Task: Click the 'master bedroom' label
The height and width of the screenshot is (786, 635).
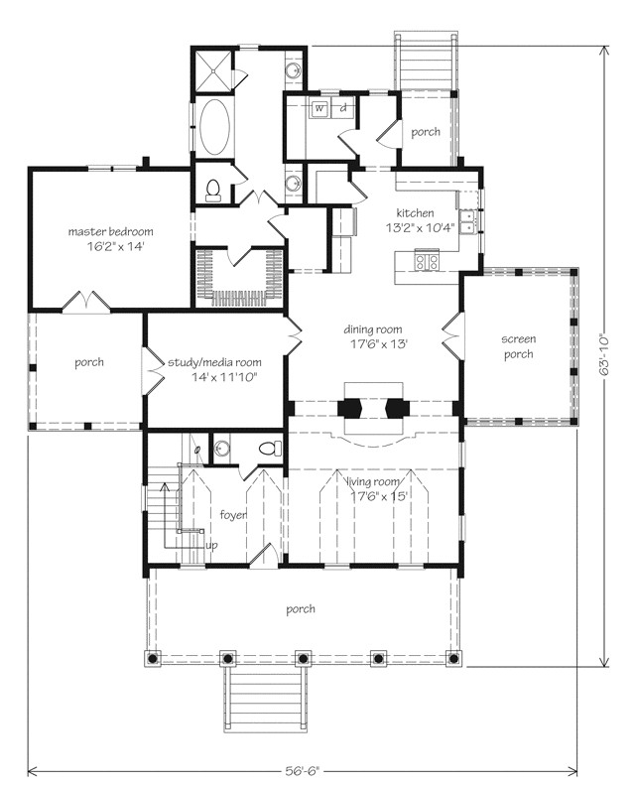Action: click(x=110, y=231)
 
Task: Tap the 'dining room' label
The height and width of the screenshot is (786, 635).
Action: click(x=375, y=328)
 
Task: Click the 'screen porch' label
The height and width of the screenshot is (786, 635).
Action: click(x=518, y=346)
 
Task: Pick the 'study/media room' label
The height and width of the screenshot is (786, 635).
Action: click(x=214, y=362)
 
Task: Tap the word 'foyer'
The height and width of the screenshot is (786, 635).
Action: click(x=233, y=515)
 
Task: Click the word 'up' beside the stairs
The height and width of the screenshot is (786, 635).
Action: click(x=211, y=546)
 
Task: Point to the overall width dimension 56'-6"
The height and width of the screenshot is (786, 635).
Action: click(x=303, y=768)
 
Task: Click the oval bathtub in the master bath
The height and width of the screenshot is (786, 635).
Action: click(x=213, y=128)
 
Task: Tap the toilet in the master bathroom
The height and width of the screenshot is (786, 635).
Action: click(x=211, y=189)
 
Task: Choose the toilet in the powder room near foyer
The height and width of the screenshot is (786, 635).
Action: click(x=268, y=449)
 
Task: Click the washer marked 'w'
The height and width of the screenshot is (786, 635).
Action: click(x=320, y=109)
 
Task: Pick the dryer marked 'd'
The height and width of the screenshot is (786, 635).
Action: click(x=343, y=109)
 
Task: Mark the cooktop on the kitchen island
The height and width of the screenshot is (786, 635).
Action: click(x=427, y=262)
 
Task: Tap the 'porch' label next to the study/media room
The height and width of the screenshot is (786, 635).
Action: click(x=88, y=362)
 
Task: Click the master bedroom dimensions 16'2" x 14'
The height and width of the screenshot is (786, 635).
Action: click(x=114, y=246)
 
